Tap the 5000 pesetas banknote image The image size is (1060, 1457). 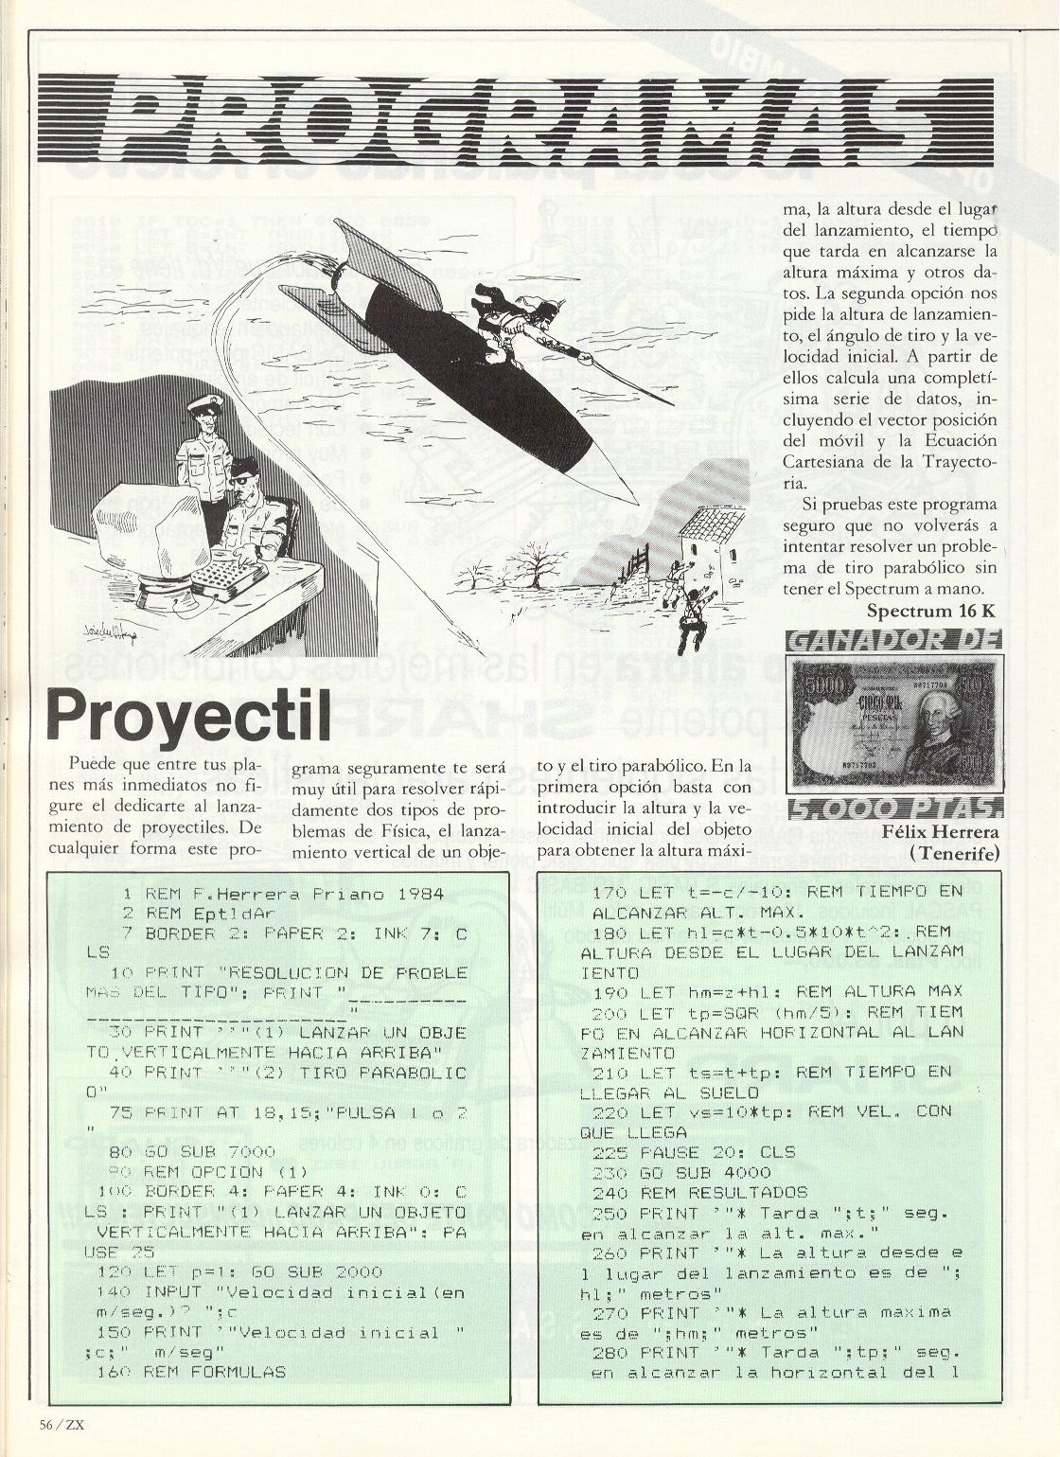coord(893,723)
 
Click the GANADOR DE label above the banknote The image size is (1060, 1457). coord(893,641)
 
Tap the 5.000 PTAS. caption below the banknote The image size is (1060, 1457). coord(893,807)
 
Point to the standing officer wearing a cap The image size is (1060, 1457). coord(203,445)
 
